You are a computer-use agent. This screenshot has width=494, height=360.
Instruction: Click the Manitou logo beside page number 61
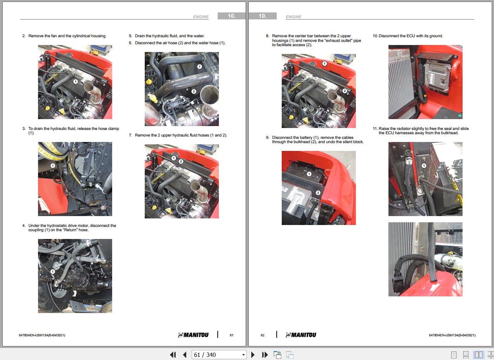pyautogui.click(x=193, y=335)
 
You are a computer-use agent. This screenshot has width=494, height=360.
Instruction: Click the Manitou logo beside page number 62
pyautogui.click(x=301, y=335)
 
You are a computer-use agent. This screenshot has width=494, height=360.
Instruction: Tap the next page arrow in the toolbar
pyautogui.click(x=253, y=355)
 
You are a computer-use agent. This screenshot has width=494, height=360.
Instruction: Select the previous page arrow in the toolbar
pyautogui.click(x=185, y=355)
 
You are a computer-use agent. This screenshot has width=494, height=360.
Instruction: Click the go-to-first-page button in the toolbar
pyautogui.click(x=173, y=355)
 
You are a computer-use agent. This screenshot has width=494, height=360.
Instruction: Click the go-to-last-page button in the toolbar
pyautogui.click(x=265, y=355)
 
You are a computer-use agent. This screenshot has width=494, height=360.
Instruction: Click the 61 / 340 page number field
pyautogui.click(x=219, y=355)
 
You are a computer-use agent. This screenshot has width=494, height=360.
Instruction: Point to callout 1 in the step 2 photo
pyautogui.click(x=75, y=81)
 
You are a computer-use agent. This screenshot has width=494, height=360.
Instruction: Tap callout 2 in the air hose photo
pyautogui.click(x=194, y=91)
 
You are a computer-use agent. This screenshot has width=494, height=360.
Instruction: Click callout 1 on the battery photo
pyautogui.click(x=309, y=174)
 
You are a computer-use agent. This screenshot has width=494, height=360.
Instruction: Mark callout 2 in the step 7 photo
pyautogui.click(x=181, y=162)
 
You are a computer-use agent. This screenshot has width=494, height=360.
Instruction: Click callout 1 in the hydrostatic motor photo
pyautogui.click(x=52, y=272)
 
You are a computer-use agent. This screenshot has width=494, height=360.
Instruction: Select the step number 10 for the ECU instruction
pyautogui.click(x=375, y=36)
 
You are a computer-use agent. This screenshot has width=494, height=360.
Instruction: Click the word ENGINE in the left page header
pyautogui.click(x=201, y=17)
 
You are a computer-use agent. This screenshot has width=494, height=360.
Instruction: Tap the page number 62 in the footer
pyautogui.click(x=262, y=335)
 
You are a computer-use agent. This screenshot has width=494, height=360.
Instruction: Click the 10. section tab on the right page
pyautogui.click(x=262, y=16)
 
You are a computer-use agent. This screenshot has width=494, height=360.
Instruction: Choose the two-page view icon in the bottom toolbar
pyautogui.click(x=478, y=355)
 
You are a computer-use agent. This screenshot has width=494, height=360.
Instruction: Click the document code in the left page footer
pyautogui.click(x=42, y=335)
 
